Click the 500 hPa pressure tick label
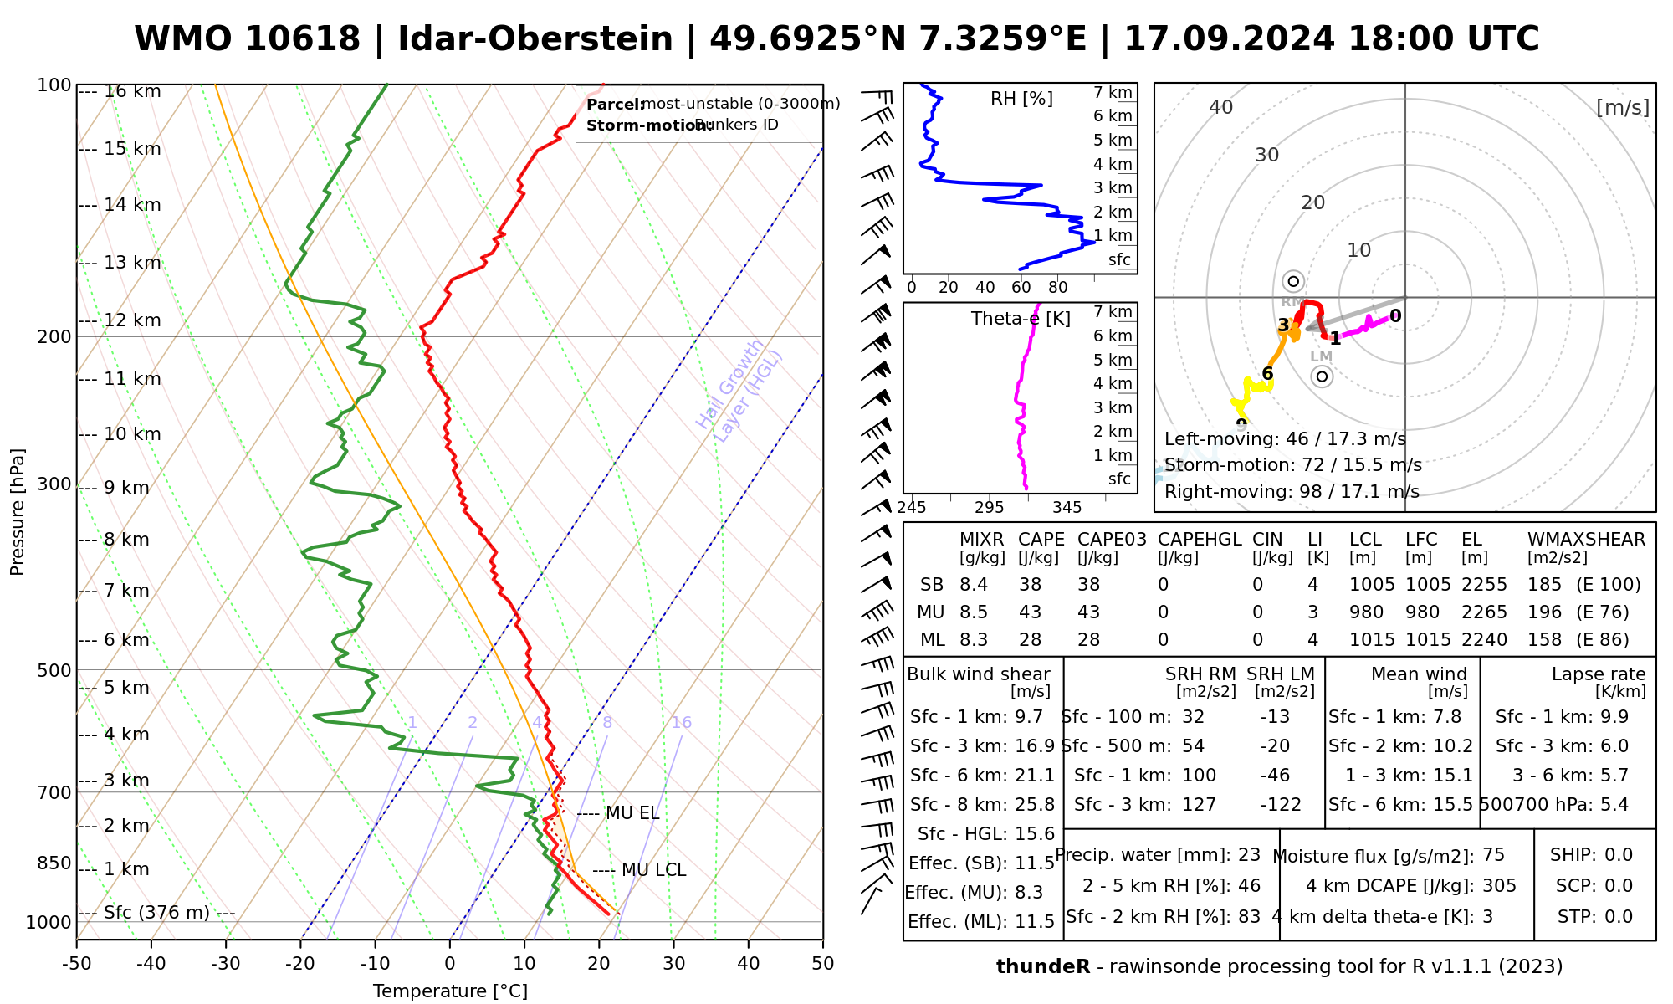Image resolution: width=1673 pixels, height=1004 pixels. point(55,670)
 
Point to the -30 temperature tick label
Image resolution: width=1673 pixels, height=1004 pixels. point(225,964)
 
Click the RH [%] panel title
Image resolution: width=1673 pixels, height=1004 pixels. point(1021,99)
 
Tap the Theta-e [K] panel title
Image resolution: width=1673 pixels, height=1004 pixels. point(1021,319)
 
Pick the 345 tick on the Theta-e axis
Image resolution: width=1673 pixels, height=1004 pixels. point(1067,508)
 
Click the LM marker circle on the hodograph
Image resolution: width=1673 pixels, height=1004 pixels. point(1322,376)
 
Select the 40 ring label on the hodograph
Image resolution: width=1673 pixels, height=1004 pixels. point(1221,107)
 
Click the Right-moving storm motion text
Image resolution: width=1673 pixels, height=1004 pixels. point(1292,492)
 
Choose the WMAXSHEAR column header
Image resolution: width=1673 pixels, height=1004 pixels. point(1586,540)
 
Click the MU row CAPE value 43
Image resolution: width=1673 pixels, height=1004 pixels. point(1030,612)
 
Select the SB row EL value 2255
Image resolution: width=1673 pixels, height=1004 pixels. point(1484,585)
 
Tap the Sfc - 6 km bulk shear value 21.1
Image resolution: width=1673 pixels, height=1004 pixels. point(1034,776)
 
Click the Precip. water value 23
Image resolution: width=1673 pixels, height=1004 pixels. point(1249,855)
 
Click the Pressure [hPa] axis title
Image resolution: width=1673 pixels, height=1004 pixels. point(18,512)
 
